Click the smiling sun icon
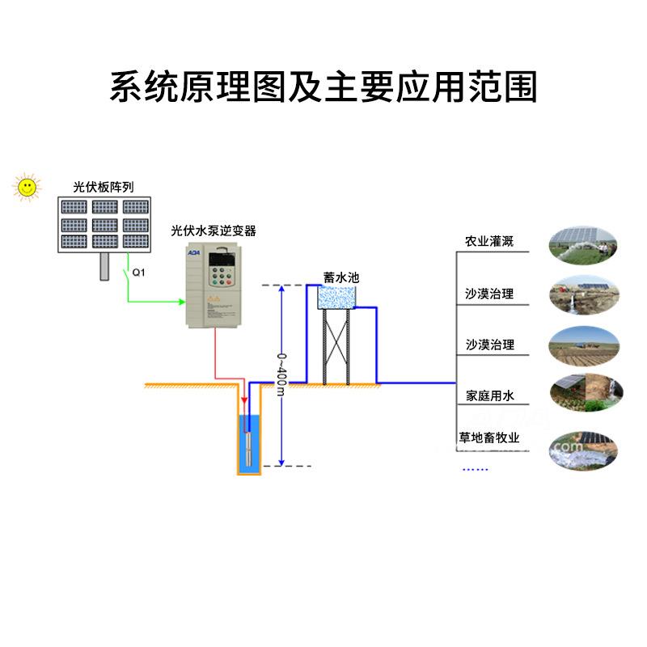click(x=27, y=187)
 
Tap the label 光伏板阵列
click(x=103, y=187)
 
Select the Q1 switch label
click(x=137, y=272)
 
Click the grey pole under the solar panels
click(x=104, y=266)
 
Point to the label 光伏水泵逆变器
click(x=214, y=230)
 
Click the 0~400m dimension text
click(x=281, y=374)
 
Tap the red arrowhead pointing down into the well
click(x=244, y=400)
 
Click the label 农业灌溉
click(x=489, y=242)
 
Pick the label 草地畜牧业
click(x=489, y=438)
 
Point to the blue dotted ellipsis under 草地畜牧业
click(x=475, y=468)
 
